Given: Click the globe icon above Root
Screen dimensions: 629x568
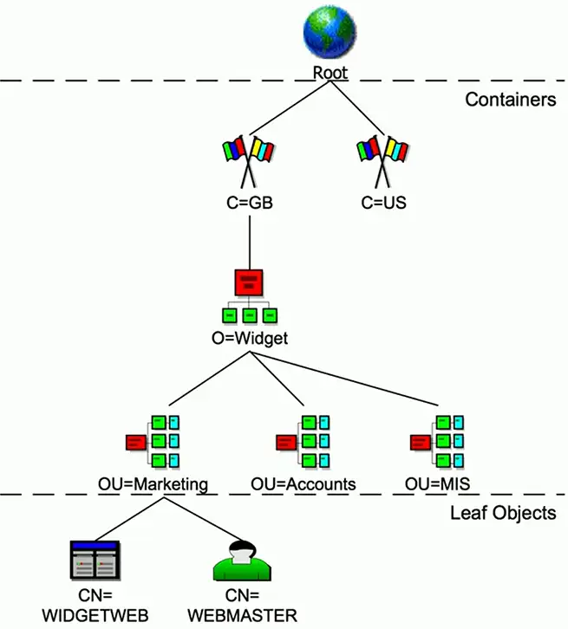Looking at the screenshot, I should [x=329, y=36].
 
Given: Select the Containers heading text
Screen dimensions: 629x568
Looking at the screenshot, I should [x=510, y=100].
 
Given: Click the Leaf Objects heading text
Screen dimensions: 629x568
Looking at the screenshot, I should [x=502, y=513].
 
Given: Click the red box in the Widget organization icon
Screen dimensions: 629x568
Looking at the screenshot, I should [x=250, y=282].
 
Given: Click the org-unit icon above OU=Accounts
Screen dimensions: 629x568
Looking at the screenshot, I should [x=304, y=441].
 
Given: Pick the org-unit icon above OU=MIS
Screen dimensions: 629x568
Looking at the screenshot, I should [x=438, y=441].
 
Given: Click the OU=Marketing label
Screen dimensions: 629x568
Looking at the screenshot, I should [x=154, y=483].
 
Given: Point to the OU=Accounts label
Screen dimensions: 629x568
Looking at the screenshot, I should [x=304, y=483].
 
